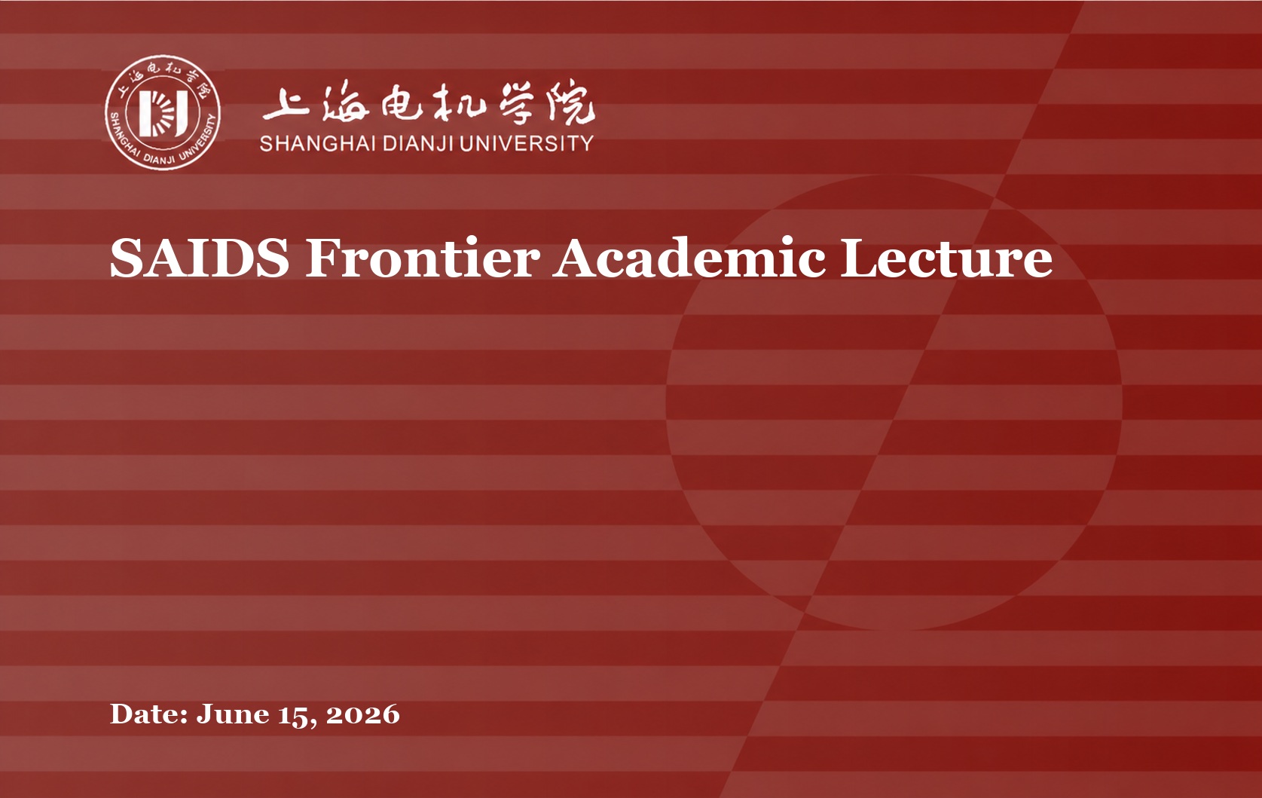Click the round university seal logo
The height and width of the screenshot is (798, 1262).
click(x=162, y=112)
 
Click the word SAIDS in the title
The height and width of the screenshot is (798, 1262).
click(x=200, y=258)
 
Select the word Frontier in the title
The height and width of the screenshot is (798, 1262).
click(x=422, y=258)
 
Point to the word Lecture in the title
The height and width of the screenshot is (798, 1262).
click(x=946, y=258)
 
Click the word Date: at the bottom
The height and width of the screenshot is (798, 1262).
click(x=148, y=714)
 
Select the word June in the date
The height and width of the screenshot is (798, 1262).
click(x=233, y=715)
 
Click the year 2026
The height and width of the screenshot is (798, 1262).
click(x=363, y=714)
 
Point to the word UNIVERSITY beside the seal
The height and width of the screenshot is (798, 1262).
click(x=526, y=144)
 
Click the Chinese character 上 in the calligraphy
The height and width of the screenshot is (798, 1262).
click(x=286, y=105)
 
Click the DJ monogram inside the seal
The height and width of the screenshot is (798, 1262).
click(x=163, y=113)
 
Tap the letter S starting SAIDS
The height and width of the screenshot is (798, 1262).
click(x=125, y=258)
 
